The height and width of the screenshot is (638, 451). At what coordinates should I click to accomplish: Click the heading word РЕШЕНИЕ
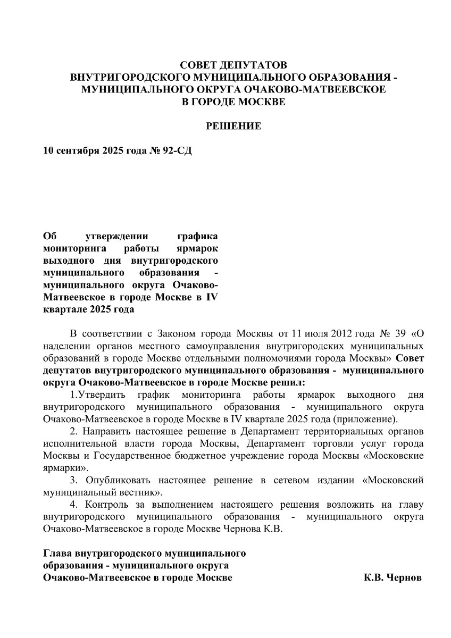pyautogui.click(x=233, y=126)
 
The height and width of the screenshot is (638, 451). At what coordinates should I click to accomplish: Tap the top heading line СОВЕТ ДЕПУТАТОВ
pyautogui.click(x=233, y=65)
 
